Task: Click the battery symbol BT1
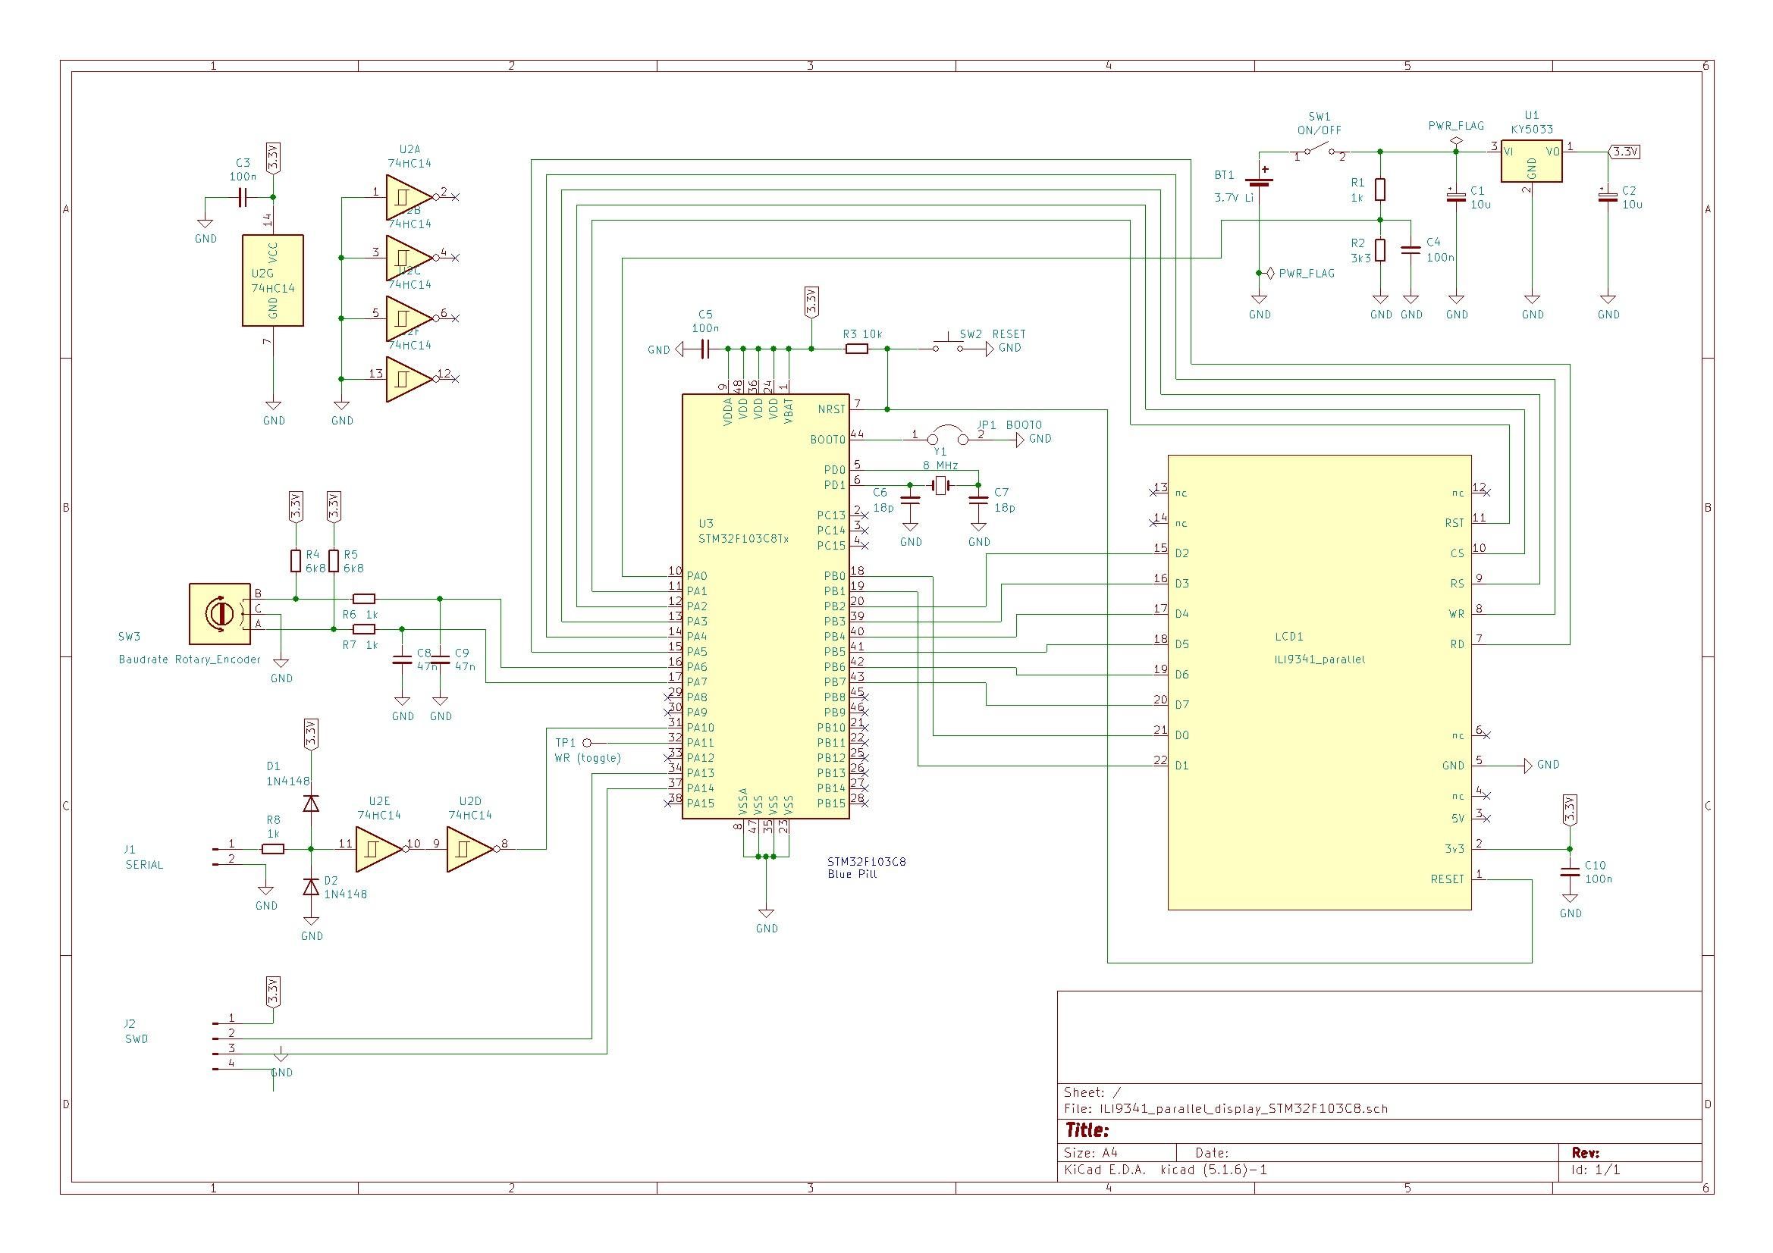(1260, 180)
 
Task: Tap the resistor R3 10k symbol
(856, 349)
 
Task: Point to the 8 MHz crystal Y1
(940, 485)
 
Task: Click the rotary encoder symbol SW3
(220, 613)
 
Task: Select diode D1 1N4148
(311, 803)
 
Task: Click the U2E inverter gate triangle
(378, 849)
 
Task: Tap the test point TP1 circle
(587, 743)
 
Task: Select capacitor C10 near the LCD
(1570, 872)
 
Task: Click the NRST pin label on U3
(831, 409)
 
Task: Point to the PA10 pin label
(701, 727)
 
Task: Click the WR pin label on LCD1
(1456, 614)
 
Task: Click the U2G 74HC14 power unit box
(272, 280)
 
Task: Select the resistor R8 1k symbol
(272, 849)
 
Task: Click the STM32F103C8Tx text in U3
(743, 538)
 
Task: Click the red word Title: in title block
(1087, 1130)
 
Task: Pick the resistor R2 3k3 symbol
(1381, 250)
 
